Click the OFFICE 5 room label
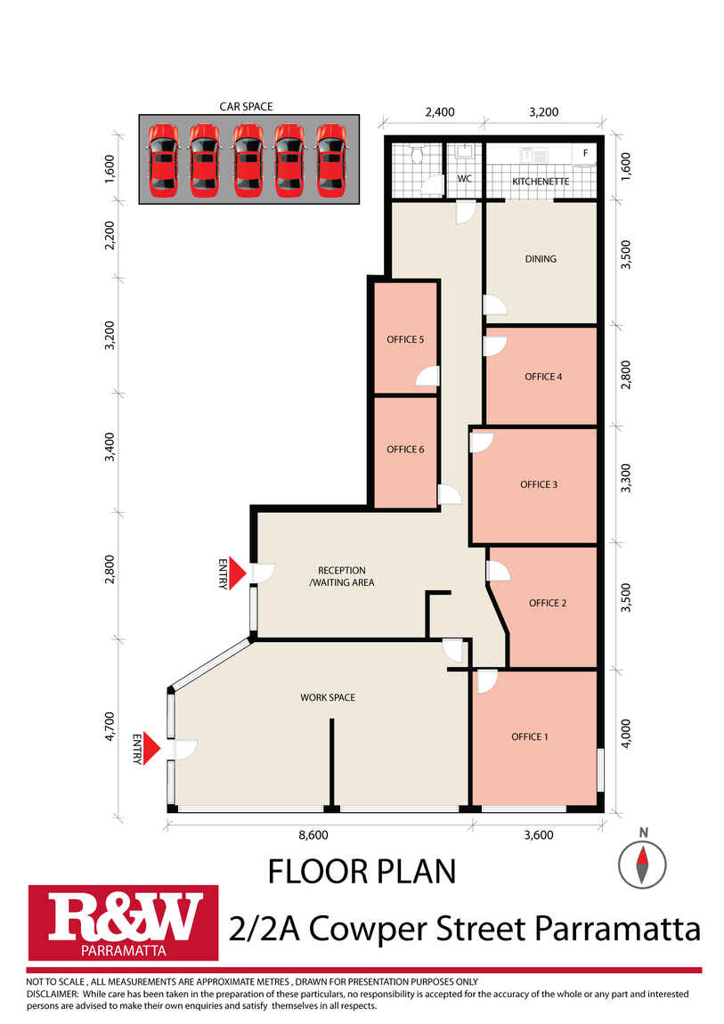[405, 339]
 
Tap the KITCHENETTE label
[541, 182]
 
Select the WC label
[464, 178]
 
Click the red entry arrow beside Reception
[238, 573]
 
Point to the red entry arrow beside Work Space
[151, 748]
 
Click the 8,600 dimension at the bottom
[313, 835]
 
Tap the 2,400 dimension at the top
[440, 112]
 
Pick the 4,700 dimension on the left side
[110, 727]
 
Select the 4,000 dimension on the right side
[625, 734]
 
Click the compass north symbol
[642, 864]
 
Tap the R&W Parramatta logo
[123, 922]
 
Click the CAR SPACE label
[246, 107]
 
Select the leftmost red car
[163, 160]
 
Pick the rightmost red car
[331, 160]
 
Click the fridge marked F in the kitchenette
[585, 154]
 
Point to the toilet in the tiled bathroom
[418, 155]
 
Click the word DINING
[541, 259]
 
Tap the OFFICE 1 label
[530, 736]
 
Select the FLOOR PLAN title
[362, 872]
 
